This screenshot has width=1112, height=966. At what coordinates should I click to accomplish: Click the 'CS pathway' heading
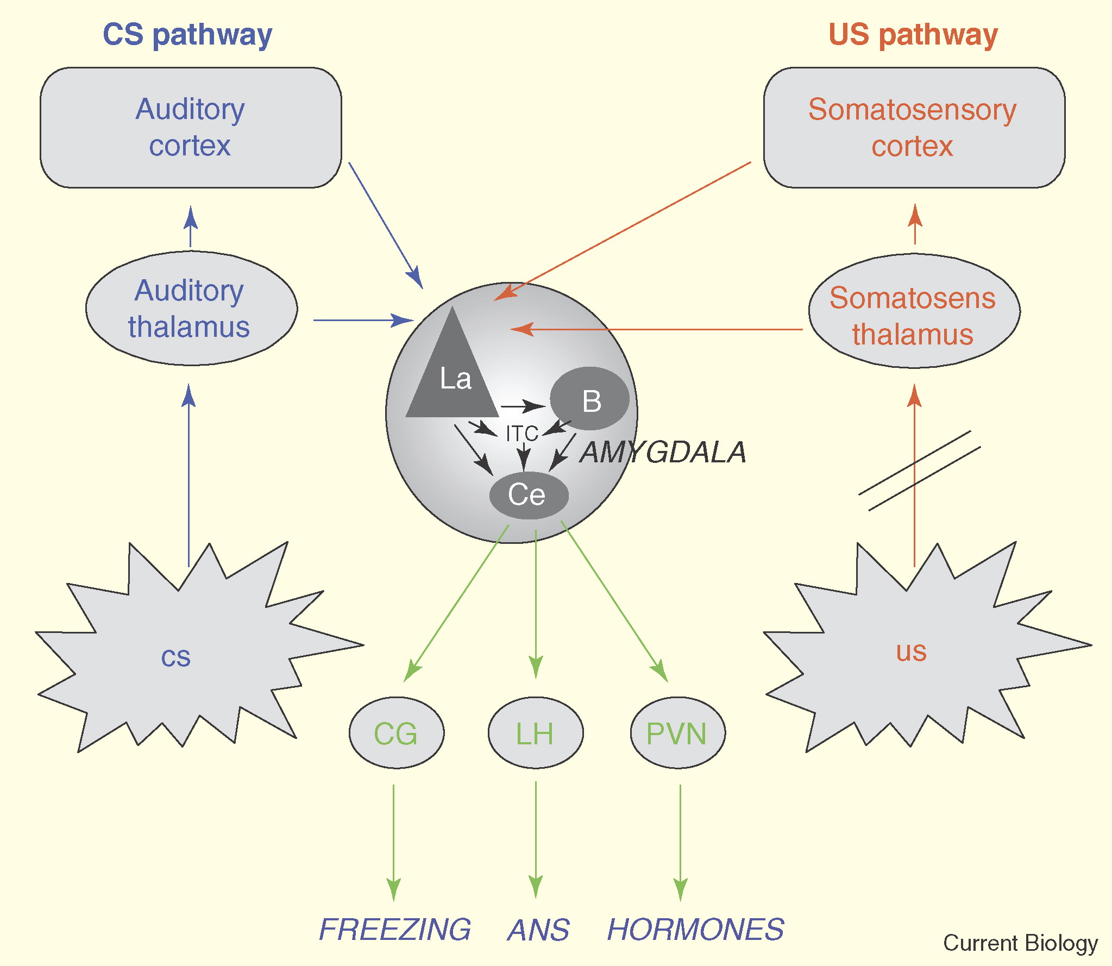pos(187,36)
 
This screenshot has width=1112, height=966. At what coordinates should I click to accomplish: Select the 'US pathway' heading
pos(913,36)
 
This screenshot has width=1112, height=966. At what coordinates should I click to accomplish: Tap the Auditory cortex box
pos(191,128)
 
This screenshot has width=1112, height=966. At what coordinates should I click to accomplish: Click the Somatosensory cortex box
pos(914,128)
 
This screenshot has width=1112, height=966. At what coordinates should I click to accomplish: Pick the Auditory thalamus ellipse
pos(191,308)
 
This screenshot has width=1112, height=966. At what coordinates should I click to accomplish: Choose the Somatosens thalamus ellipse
pos(914,311)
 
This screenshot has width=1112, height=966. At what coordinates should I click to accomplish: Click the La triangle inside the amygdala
pos(452,375)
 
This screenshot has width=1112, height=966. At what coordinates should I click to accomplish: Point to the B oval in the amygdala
pos(590,399)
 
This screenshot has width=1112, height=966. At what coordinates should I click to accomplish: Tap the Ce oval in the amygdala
pos(529,495)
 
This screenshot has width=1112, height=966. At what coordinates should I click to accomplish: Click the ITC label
pos(522,434)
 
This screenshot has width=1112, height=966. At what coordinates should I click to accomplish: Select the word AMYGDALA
pos(663,452)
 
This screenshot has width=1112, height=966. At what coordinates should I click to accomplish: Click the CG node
pos(397,733)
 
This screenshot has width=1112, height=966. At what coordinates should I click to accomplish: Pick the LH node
pos(536,733)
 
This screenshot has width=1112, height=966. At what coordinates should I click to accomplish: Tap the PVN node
pos(678,733)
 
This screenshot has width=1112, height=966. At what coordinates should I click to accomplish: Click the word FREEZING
pos(395,930)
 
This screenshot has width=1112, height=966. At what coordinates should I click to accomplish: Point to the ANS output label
pos(538,930)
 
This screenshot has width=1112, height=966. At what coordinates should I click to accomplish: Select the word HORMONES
pos(696,930)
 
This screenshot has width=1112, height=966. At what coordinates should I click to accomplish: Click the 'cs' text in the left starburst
pos(176,657)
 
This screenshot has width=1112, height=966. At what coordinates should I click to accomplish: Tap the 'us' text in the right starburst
pos(911,651)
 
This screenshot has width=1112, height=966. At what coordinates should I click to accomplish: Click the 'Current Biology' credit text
pos(1020,944)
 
